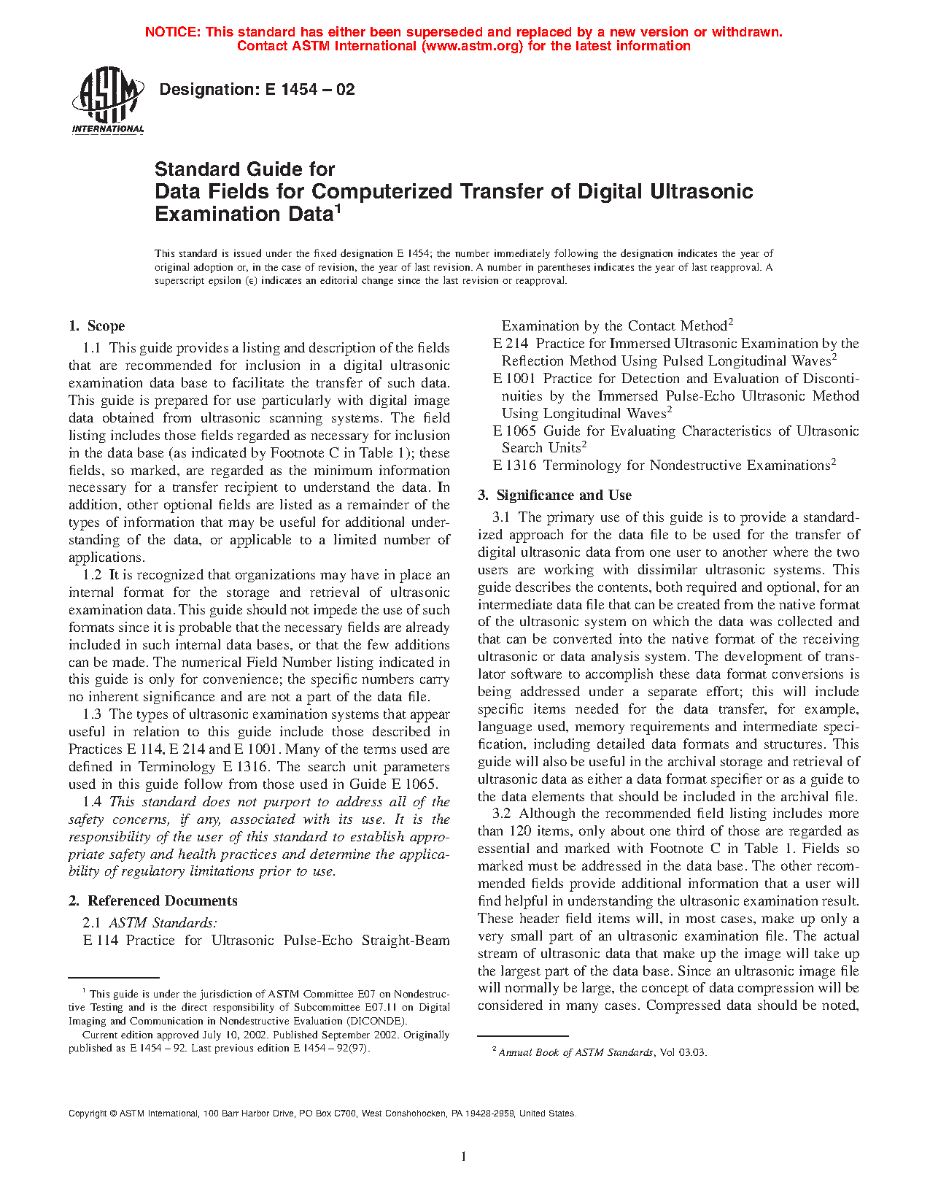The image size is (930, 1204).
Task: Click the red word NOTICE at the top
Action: [172, 32]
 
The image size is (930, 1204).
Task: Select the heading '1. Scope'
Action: [97, 326]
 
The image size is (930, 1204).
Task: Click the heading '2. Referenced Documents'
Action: [153, 901]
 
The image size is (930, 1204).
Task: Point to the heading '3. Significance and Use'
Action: [555, 495]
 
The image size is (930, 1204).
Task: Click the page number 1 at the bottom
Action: [464, 1156]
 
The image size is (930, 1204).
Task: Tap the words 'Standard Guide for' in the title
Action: [244, 169]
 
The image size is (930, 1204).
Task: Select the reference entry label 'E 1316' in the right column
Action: [514, 466]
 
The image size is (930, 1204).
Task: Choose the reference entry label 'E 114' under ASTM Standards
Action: [101, 941]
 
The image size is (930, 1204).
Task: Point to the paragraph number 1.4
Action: [92, 802]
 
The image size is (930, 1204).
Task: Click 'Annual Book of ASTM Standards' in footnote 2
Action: [576, 1052]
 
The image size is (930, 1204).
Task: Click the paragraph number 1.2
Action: [92, 575]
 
